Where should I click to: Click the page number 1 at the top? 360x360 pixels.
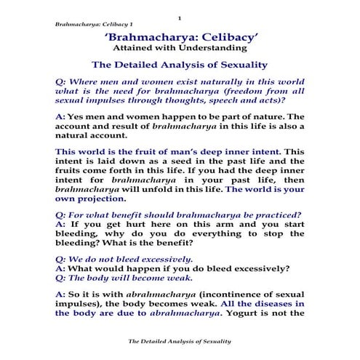(178, 17)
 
